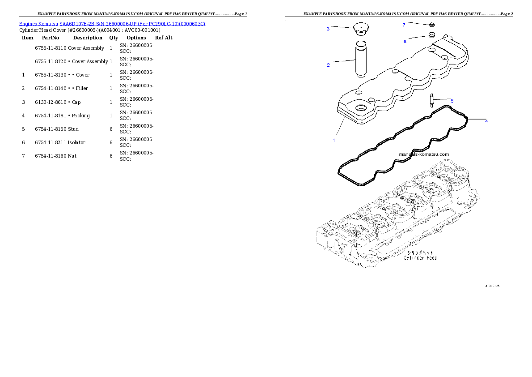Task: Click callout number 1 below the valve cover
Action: click(x=334, y=140)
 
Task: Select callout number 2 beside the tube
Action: click(x=328, y=65)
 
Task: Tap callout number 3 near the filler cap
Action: click(x=328, y=29)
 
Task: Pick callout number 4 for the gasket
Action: click(x=486, y=121)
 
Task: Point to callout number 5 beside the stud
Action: click(x=452, y=101)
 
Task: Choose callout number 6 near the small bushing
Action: click(x=405, y=41)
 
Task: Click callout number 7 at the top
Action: click(x=404, y=25)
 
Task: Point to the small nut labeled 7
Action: click(x=432, y=25)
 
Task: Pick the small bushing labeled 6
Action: click(x=431, y=35)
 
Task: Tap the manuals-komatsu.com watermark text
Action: click(x=423, y=154)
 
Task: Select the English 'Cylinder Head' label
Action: click(x=420, y=258)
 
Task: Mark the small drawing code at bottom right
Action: click(x=492, y=285)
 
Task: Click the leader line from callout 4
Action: click(x=476, y=120)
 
